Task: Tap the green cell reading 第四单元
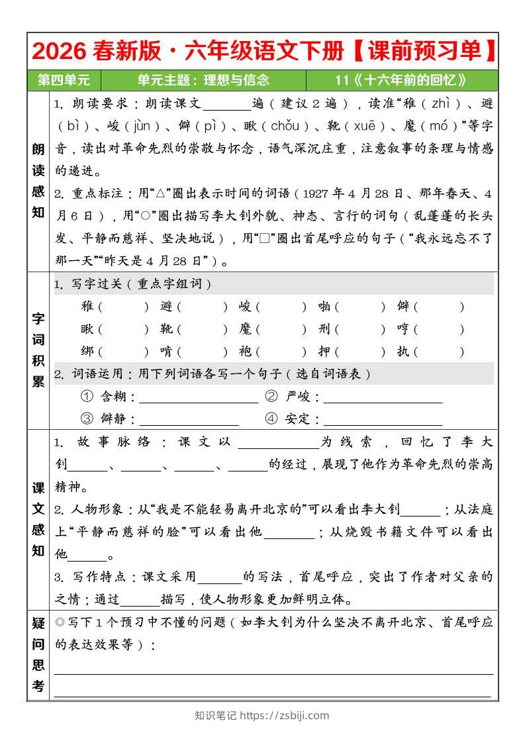[64, 80]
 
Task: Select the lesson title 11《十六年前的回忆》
[401, 80]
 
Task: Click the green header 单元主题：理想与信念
[203, 80]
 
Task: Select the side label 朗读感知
[38, 181]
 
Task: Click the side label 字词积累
[38, 349]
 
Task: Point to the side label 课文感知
[38, 519]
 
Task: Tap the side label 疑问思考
[38, 654]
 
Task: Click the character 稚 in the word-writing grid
[87, 307]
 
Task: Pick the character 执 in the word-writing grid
[403, 352]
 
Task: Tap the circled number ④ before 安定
[271, 419]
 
